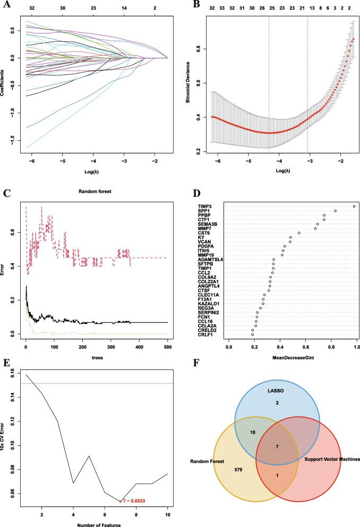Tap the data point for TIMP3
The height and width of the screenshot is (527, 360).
[354, 206]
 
